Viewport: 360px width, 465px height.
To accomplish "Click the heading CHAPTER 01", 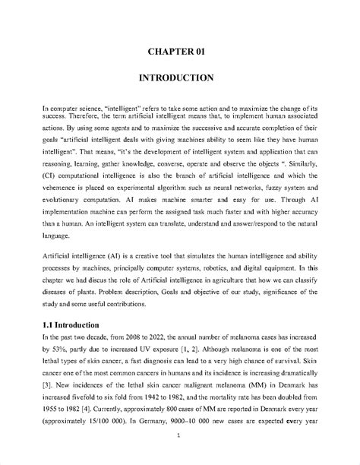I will (180, 51).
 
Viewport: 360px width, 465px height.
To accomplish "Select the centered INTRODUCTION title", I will (180, 78).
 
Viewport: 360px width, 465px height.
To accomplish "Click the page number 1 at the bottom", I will (177, 435).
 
